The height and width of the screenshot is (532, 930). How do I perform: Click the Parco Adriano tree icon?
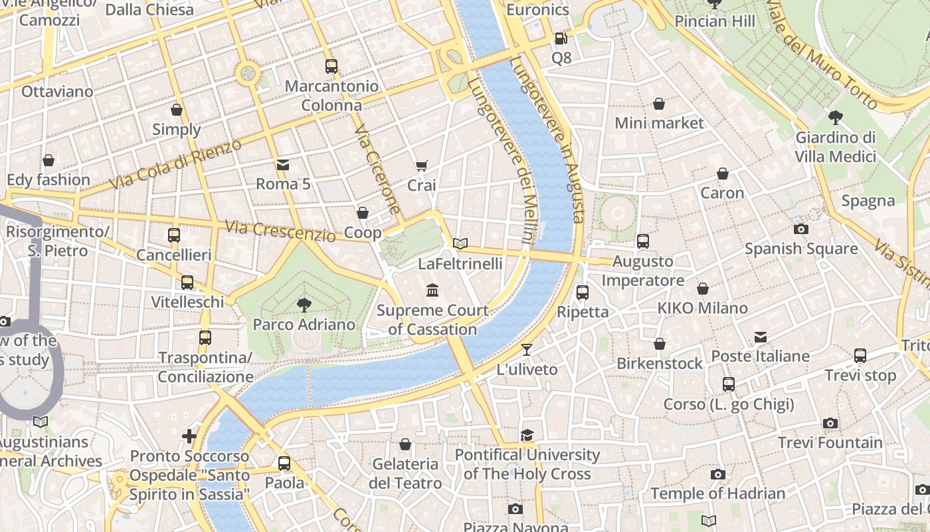(x=304, y=305)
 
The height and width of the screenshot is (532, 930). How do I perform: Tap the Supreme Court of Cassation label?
(x=432, y=320)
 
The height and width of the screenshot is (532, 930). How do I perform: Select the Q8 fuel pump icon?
(x=561, y=39)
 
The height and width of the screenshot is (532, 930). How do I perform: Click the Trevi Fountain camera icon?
(x=830, y=423)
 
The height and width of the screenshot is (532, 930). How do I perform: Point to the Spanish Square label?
(x=800, y=249)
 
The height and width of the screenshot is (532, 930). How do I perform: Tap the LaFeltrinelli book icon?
(x=460, y=243)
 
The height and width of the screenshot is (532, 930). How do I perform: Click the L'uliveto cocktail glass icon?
(x=527, y=349)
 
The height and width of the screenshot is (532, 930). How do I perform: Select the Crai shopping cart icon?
(x=421, y=166)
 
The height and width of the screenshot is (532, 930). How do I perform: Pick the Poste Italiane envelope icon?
(x=761, y=337)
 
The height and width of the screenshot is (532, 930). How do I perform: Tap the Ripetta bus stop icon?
(x=583, y=292)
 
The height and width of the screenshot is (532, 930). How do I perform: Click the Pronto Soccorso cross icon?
(x=189, y=436)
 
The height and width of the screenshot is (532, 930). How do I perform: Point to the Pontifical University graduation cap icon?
(x=527, y=435)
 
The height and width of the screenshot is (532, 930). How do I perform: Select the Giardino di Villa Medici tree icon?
(x=836, y=118)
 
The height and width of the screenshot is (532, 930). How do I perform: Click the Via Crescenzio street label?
(x=280, y=231)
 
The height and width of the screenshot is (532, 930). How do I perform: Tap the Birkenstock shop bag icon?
(x=659, y=344)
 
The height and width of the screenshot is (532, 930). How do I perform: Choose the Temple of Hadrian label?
(x=717, y=493)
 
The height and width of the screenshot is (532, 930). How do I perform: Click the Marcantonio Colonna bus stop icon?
(x=331, y=66)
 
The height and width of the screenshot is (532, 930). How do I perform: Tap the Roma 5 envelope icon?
(x=283, y=164)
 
